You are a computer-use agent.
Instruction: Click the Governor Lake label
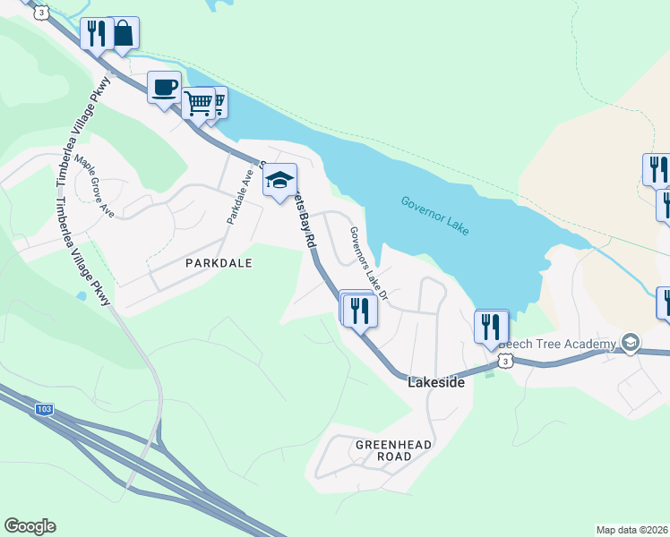[434, 217]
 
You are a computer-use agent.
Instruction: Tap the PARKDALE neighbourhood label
[219, 263]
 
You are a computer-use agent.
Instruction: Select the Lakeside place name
[436, 382]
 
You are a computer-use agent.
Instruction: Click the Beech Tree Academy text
[557, 345]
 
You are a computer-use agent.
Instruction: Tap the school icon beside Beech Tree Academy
[631, 343]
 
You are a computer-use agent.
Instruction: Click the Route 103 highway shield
[44, 409]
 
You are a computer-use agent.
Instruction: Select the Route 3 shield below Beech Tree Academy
[506, 361]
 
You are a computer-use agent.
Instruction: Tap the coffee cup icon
[164, 88]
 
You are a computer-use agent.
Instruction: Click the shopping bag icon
[123, 33]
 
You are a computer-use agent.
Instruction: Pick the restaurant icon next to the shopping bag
[96, 34]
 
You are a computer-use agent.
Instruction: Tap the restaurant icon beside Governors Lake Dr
[360, 311]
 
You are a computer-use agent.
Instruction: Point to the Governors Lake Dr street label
[368, 262]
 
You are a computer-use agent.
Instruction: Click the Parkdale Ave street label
[239, 197]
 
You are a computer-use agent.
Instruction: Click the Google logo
[30, 526]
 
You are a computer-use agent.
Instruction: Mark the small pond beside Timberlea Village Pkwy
[82, 294]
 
